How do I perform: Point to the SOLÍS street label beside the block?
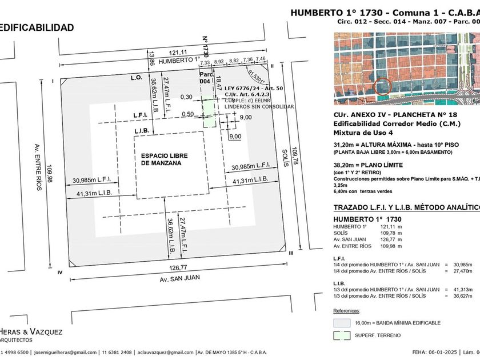point(286,155)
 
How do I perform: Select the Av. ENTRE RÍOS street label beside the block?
point(38,166)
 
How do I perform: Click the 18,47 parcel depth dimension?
point(218,87)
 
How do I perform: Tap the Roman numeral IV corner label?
point(59,272)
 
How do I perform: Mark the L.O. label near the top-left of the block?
point(136,77)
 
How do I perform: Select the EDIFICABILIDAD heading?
point(37,27)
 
